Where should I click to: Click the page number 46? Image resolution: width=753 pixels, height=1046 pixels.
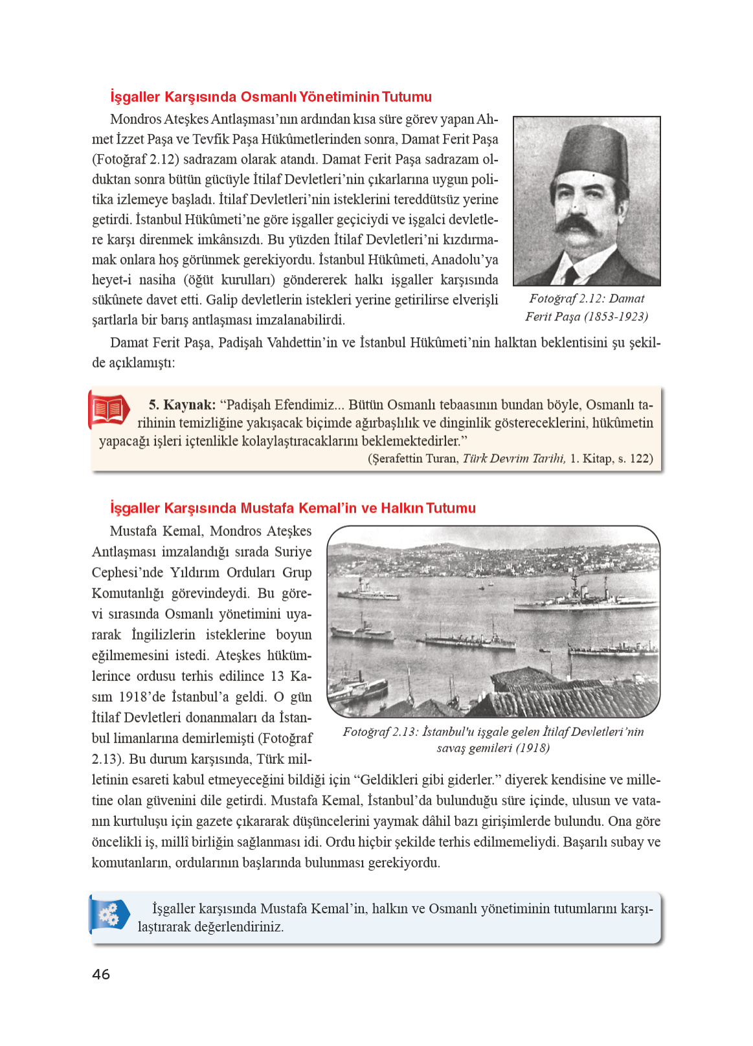(x=101, y=974)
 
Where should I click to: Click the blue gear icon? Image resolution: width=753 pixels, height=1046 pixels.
(x=109, y=914)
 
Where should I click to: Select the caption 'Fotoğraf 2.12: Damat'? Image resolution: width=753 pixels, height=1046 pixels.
(x=587, y=298)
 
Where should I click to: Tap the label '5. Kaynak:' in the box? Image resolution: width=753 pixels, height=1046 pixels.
(x=182, y=405)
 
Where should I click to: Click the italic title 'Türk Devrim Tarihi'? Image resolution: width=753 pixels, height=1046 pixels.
(x=514, y=458)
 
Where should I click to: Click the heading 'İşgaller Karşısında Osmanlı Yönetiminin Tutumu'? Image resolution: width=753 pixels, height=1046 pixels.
(x=271, y=97)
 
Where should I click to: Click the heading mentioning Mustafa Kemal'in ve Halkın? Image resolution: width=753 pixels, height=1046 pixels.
(x=293, y=508)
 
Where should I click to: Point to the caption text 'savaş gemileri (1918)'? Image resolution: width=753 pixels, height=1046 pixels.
(x=493, y=748)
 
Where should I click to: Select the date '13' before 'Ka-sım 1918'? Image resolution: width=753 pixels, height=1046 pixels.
(x=277, y=676)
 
